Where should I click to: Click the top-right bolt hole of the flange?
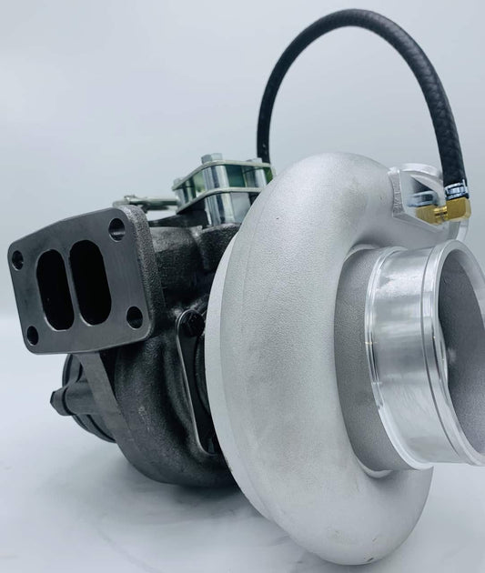click(116, 227)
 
